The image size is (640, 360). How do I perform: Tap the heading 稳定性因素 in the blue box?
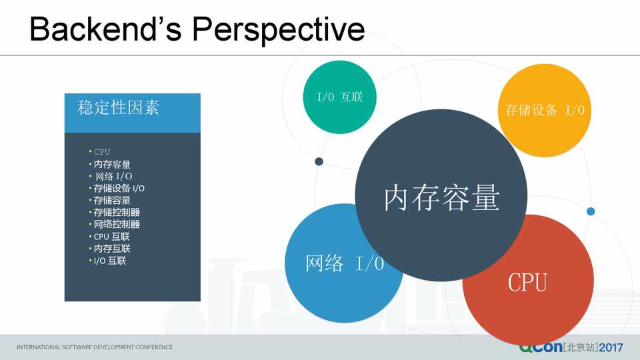pos(119,108)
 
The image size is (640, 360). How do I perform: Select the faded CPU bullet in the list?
pos(101,152)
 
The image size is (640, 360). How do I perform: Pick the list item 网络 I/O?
pos(113,176)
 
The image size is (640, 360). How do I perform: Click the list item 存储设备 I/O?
pos(119,188)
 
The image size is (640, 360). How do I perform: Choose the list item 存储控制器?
pos(117,212)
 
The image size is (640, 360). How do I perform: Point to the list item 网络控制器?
pos(117,224)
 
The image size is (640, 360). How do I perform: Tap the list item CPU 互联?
pos(111,236)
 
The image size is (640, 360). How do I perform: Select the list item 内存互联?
pos(112,249)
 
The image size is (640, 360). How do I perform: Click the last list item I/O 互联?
pos(110,261)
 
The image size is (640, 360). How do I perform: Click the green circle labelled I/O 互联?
pos(339,97)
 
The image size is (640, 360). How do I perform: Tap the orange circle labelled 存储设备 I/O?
pos(545,110)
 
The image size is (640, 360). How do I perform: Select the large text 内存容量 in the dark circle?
pos(441,197)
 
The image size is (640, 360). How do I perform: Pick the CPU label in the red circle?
pos(527,283)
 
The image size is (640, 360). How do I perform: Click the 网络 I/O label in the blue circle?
pos(345,263)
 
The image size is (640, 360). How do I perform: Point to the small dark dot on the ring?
pos(319,161)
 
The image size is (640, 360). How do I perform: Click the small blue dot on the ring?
pos(591,211)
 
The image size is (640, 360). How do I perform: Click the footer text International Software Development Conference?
pos(95,347)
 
